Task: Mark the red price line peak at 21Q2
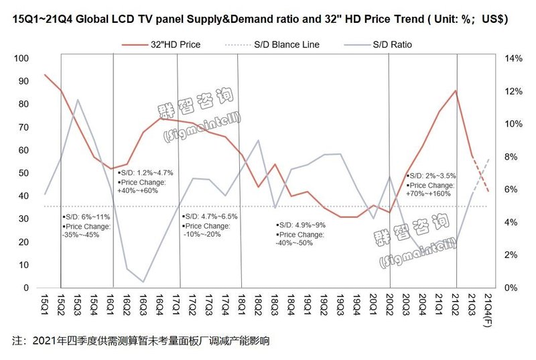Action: coord(456,91)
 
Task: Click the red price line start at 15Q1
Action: coord(45,74)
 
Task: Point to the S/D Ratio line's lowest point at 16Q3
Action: coord(143,282)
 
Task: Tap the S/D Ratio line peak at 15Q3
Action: coord(78,100)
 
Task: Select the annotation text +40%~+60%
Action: coord(137,191)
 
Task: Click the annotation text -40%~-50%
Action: coord(295,243)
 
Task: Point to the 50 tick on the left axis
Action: coord(23,174)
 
